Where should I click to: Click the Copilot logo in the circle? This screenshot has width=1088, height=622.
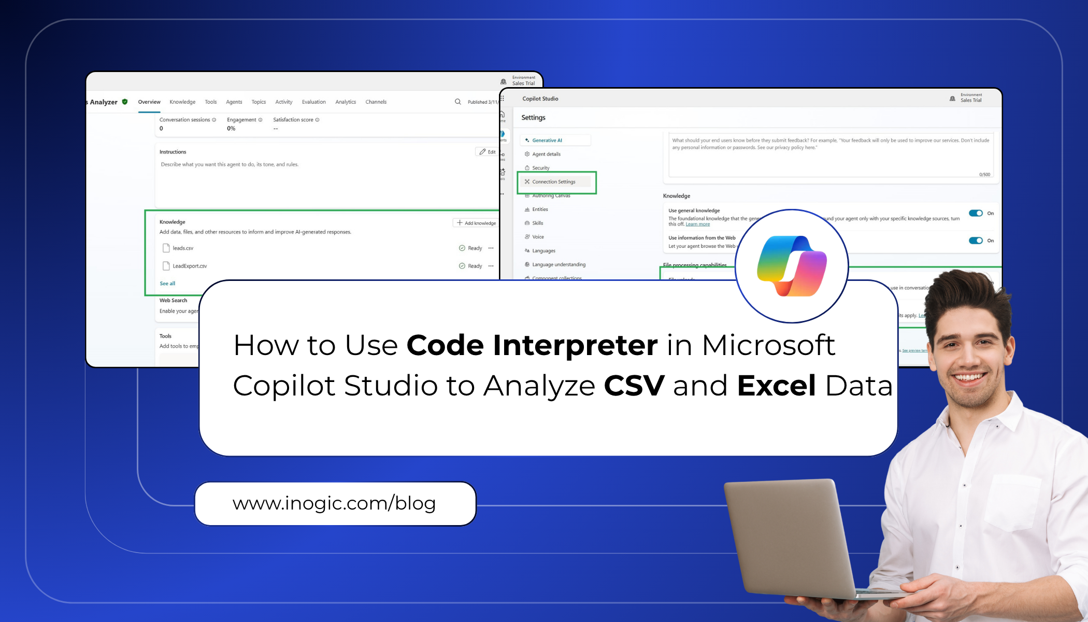(792, 265)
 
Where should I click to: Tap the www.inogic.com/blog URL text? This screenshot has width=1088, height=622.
(334, 503)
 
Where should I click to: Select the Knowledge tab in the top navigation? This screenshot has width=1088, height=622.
(182, 102)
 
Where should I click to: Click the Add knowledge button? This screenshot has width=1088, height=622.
(476, 223)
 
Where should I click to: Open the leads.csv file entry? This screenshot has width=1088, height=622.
(183, 248)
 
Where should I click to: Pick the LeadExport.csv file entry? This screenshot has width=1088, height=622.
(190, 266)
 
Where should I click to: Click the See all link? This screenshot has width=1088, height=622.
(167, 284)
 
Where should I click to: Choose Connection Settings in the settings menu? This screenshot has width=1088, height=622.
(553, 182)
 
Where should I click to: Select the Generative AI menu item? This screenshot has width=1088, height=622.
(547, 140)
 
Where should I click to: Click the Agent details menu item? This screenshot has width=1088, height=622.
(546, 154)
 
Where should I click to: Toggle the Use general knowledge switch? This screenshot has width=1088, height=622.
(976, 213)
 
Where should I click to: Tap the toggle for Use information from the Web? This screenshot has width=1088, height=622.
(976, 241)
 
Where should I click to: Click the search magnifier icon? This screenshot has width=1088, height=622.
(457, 102)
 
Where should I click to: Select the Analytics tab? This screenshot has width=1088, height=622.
(346, 102)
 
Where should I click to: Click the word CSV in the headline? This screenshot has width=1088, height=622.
(634, 386)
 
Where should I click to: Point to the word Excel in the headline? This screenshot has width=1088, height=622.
(776, 386)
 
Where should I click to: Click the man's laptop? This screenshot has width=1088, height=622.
(793, 539)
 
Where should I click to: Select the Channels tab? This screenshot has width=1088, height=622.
(376, 102)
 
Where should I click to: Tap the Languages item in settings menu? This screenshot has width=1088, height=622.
(543, 251)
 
